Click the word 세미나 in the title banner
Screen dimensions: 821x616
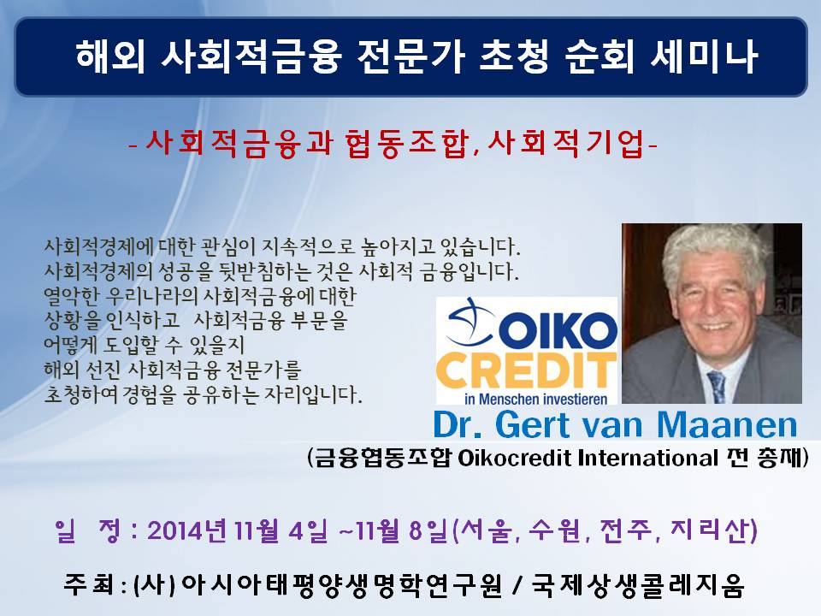pyautogui.click(x=704, y=56)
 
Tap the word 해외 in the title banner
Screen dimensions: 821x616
pyautogui.click(x=110, y=56)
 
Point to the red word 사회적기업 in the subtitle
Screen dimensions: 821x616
pyautogui.click(x=566, y=143)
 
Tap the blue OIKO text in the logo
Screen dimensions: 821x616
pyautogui.click(x=561, y=332)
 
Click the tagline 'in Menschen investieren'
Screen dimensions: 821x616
pyautogui.click(x=535, y=400)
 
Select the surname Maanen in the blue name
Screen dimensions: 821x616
pyautogui.click(x=727, y=424)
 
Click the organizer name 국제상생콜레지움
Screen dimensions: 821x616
pyautogui.click(x=638, y=585)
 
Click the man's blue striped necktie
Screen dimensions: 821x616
pyautogui.click(x=716, y=387)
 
